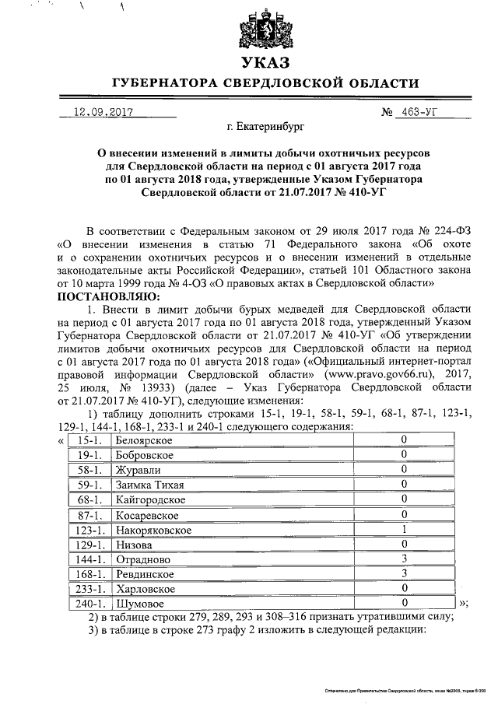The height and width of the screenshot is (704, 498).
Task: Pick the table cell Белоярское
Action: [x=143, y=441]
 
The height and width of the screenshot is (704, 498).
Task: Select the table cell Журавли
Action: [x=137, y=470]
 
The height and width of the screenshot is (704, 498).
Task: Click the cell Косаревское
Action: [x=146, y=515]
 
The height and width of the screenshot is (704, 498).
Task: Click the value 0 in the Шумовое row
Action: [x=404, y=603]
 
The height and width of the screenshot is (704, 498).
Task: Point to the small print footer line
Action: [x=405, y=690]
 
